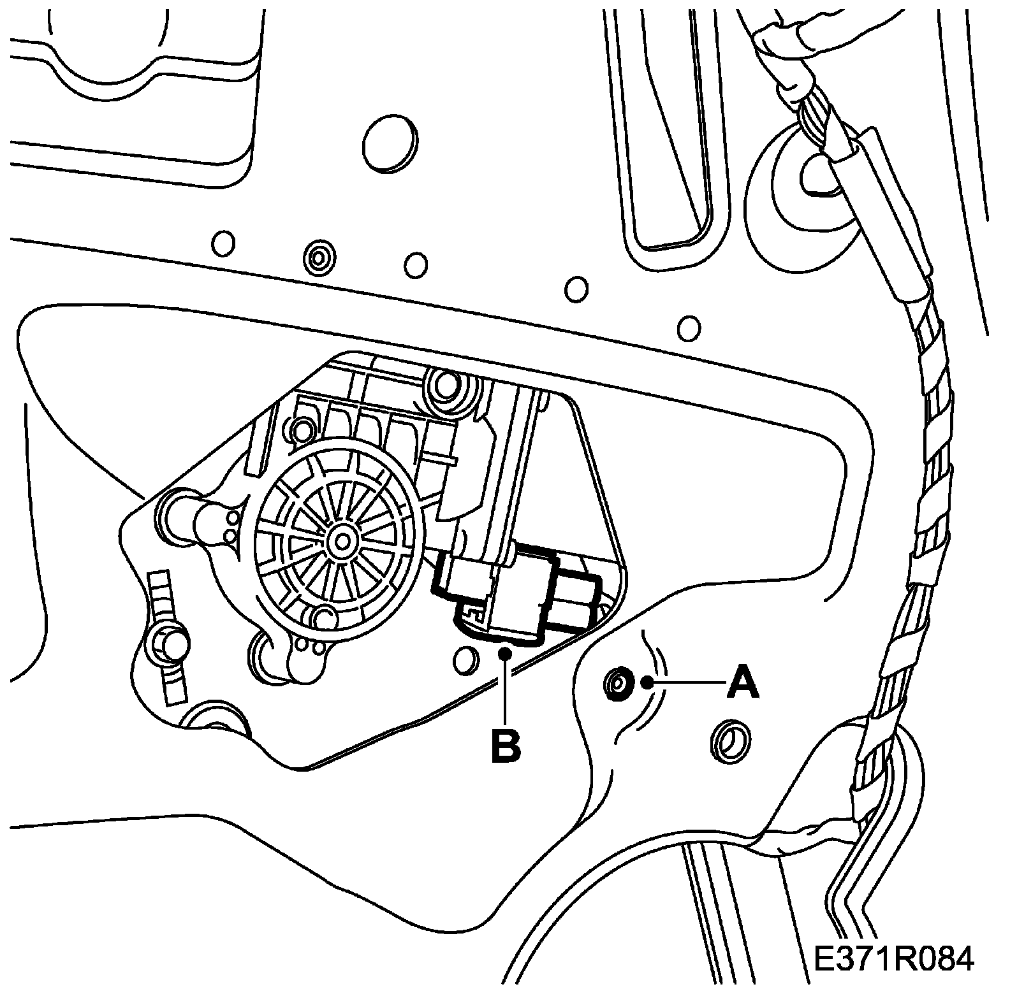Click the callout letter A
pyautogui.click(x=743, y=682)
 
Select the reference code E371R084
pyautogui.click(x=893, y=960)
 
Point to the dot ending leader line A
pyautogui.click(x=648, y=683)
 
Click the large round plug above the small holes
pyautogui.click(x=389, y=143)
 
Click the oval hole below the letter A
pyautogui.click(x=729, y=741)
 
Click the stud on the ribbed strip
pyautogui.click(x=168, y=646)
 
